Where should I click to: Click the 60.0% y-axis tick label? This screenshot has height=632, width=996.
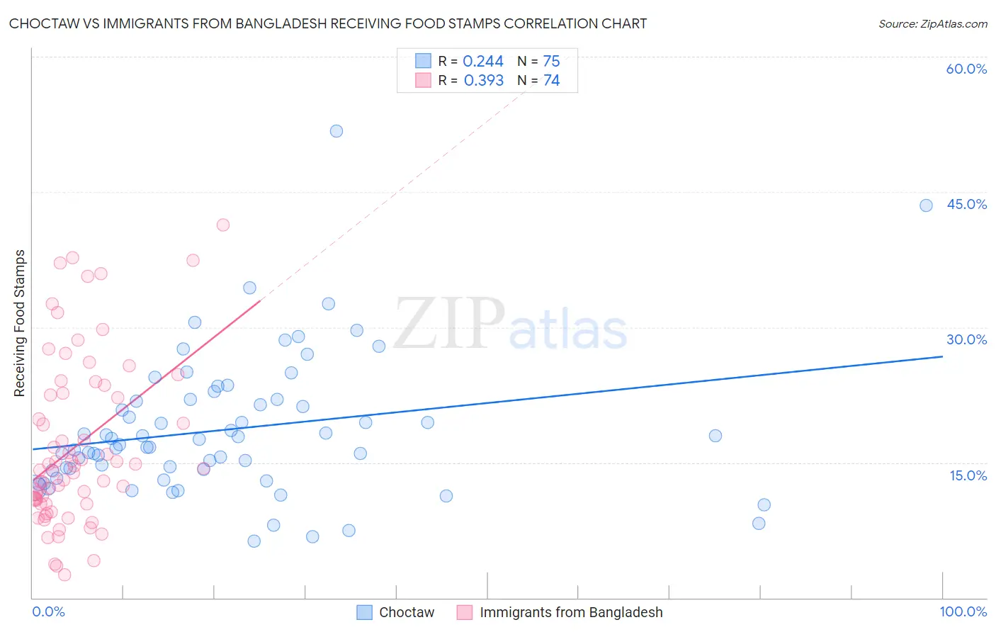(966, 69)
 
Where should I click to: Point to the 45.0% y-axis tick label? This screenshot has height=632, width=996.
(967, 204)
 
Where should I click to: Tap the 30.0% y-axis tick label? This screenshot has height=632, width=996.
(967, 340)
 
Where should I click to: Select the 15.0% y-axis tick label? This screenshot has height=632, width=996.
(968, 475)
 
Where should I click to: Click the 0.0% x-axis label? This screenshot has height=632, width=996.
(48, 611)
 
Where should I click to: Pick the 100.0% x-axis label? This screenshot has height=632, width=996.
(963, 611)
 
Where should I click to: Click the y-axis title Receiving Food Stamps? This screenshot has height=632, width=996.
(20, 323)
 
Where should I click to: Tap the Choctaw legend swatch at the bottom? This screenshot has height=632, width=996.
(364, 612)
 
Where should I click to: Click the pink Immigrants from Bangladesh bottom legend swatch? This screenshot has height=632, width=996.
(464, 612)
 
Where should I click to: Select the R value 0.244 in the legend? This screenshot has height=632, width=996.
(483, 61)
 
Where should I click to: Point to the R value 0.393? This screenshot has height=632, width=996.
(484, 81)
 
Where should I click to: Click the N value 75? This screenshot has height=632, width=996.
(551, 61)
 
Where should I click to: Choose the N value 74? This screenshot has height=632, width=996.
(551, 81)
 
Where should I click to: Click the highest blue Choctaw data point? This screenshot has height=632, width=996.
(336, 131)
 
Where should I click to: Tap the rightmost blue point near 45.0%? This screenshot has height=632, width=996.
(926, 205)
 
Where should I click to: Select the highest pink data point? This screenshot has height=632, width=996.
(223, 225)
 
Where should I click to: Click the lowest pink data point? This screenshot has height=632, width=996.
(64, 575)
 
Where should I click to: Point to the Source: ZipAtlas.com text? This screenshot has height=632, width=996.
(933, 24)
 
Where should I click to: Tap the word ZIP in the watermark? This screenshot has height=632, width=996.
(449, 322)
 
